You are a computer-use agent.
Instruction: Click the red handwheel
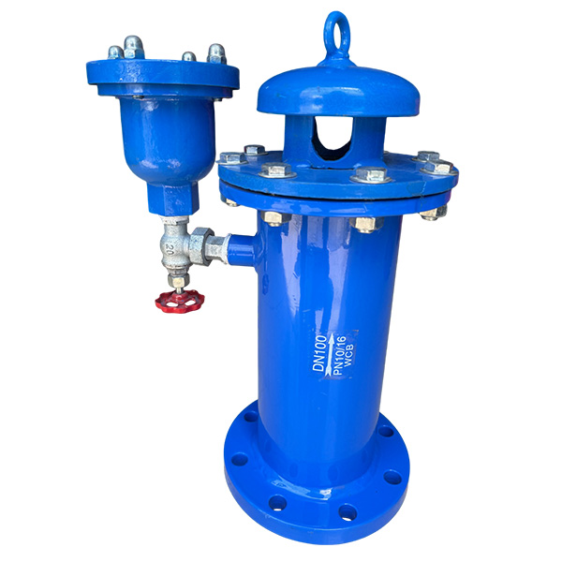coord(180,302)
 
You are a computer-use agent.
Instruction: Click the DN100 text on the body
coord(319,353)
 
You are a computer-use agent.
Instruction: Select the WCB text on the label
coord(349,355)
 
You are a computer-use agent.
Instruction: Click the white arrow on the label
coord(330,354)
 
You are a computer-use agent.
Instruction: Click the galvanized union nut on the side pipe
coord(200,245)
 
